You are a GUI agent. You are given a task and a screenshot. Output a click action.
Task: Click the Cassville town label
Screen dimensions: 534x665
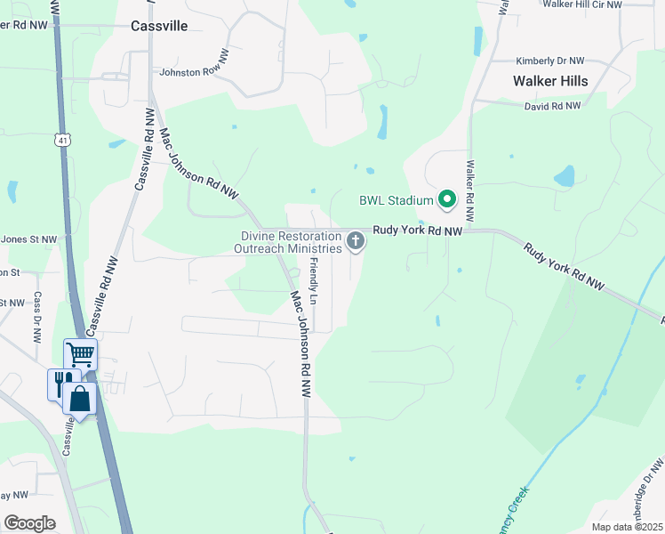(159, 26)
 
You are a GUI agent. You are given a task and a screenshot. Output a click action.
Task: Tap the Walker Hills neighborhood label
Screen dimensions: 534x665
(550, 81)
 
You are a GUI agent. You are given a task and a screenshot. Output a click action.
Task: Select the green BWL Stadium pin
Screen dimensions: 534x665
(448, 200)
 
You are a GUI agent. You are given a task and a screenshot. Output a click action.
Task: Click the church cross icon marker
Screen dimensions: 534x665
(356, 240)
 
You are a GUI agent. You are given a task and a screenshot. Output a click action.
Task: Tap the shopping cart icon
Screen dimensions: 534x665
(80, 354)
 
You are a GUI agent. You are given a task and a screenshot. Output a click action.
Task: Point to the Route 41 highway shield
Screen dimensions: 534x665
(61, 140)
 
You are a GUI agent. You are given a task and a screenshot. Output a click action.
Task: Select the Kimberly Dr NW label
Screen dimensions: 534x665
(550, 61)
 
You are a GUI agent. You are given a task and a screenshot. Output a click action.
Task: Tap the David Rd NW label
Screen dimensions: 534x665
(552, 105)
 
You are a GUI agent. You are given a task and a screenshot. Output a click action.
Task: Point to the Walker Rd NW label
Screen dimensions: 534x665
(469, 191)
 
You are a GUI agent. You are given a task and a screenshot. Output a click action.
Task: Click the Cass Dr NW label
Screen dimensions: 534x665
(38, 318)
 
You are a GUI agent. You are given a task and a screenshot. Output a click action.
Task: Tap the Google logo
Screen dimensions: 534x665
(29, 522)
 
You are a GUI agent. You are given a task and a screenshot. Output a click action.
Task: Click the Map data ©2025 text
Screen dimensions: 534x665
(627, 527)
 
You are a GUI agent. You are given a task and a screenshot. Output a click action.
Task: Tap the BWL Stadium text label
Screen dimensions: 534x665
(396, 200)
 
